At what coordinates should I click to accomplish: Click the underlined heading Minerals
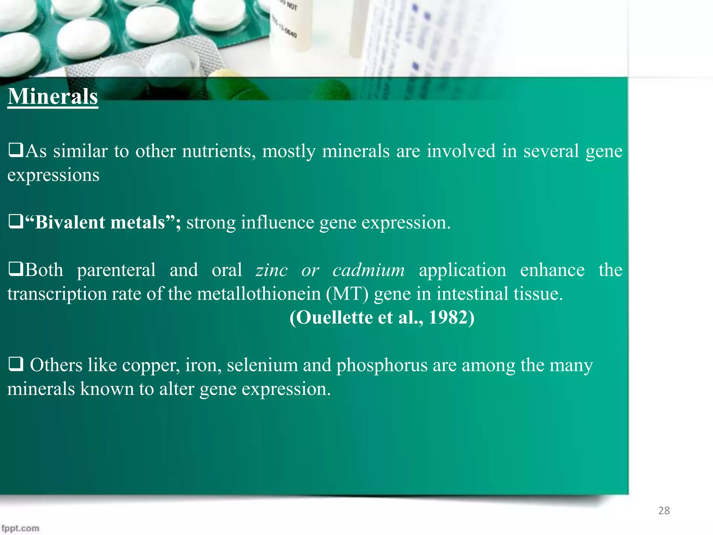[53, 96]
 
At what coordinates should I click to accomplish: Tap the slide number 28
[664, 511]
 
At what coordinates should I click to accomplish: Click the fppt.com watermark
[20, 528]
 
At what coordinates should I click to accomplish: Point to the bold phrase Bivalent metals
[100, 223]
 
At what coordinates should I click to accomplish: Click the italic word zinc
[272, 270]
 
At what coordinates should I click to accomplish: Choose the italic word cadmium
[369, 270]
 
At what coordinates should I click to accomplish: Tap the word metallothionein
[259, 294]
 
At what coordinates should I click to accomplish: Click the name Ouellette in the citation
[335, 317]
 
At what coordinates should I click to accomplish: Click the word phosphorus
[382, 365]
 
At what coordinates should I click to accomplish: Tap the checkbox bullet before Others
[15, 365]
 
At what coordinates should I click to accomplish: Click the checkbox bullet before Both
[15, 270]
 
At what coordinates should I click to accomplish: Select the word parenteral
[116, 270]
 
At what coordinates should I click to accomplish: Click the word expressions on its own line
[53, 175]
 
